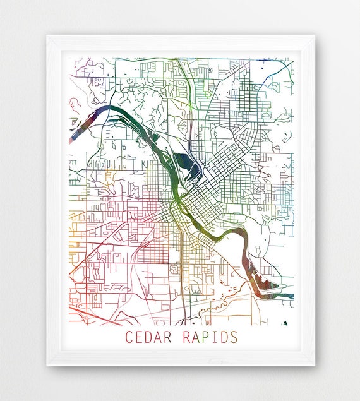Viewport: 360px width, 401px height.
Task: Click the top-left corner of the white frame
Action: pyautogui.click(x=47, y=36)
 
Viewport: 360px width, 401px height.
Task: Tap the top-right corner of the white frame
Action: pyautogui.click(x=314, y=36)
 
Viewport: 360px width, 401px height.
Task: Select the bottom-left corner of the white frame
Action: pyautogui.click(x=47, y=365)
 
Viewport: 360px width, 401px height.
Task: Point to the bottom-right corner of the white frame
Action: pyautogui.click(x=314, y=365)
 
